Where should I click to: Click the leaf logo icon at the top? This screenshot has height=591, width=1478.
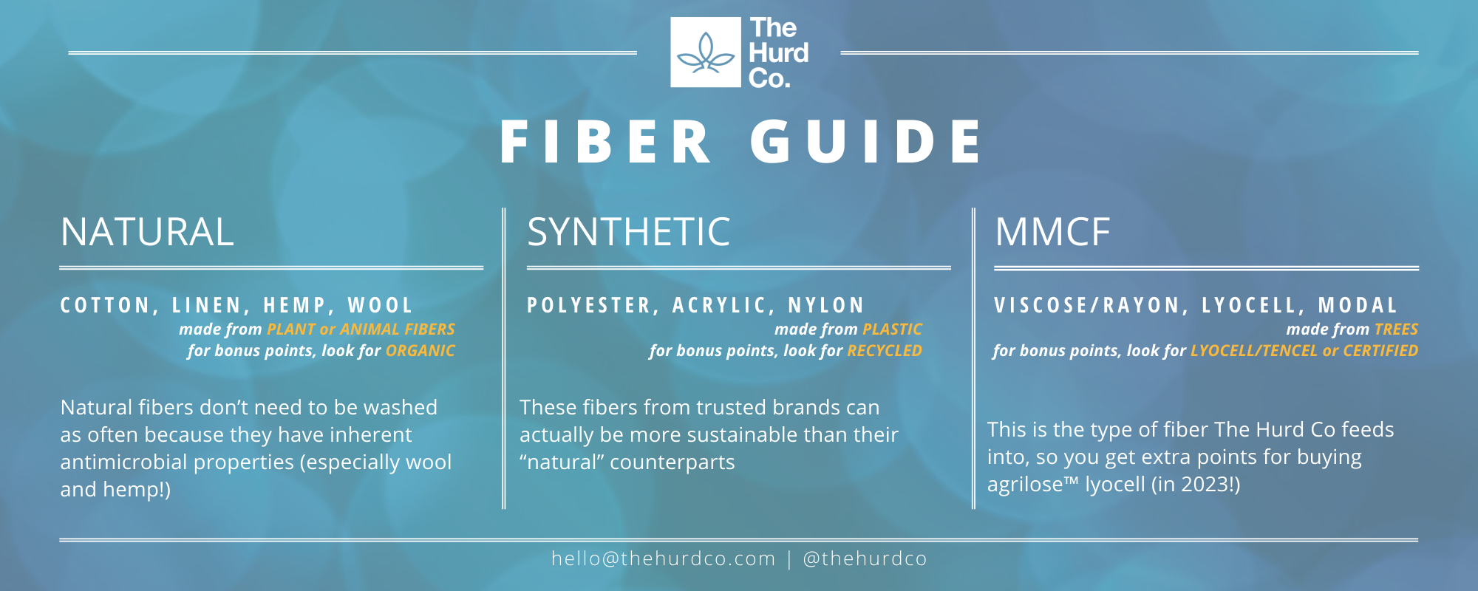pos(706,52)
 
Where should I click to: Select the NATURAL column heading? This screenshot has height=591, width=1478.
pos(147,232)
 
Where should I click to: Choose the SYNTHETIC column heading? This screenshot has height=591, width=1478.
pos(628,232)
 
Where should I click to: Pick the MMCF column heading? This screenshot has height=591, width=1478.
pos(1052,232)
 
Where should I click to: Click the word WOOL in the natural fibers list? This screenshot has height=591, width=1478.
pos(381,305)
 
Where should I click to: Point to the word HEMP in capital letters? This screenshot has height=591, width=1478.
pos(295,305)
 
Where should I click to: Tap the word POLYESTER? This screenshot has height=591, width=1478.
pos(589,305)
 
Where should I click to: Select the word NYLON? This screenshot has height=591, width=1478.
pos(826,305)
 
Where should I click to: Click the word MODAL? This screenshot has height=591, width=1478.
pos(1358,305)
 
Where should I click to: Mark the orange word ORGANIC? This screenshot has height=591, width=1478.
pos(420,351)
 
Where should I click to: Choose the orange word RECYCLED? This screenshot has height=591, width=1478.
pos(885,351)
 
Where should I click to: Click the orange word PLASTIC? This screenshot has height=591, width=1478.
pos(892,329)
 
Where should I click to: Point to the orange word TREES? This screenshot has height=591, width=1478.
pos(1396,329)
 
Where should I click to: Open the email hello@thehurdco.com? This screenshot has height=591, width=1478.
pos(663,558)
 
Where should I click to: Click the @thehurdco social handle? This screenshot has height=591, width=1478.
pos(865,558)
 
